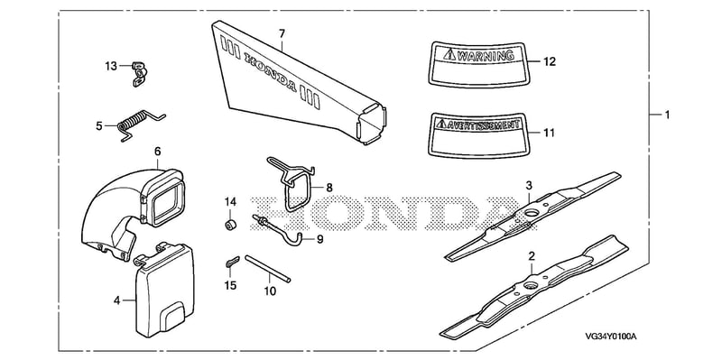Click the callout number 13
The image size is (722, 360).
(111, 66)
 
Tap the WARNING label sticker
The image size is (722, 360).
(477, 64)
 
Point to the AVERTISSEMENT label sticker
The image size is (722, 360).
(477, 133)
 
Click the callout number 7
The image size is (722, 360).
(282, 33)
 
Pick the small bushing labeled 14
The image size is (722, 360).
(230, 224)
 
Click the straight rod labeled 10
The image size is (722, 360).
(267, 268)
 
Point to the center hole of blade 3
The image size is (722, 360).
(532, 213)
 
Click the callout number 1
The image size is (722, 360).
(667, 115)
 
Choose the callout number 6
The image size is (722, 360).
(157, 152)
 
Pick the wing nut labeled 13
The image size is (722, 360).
(137, 73)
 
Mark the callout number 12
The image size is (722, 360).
(550, 61)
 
